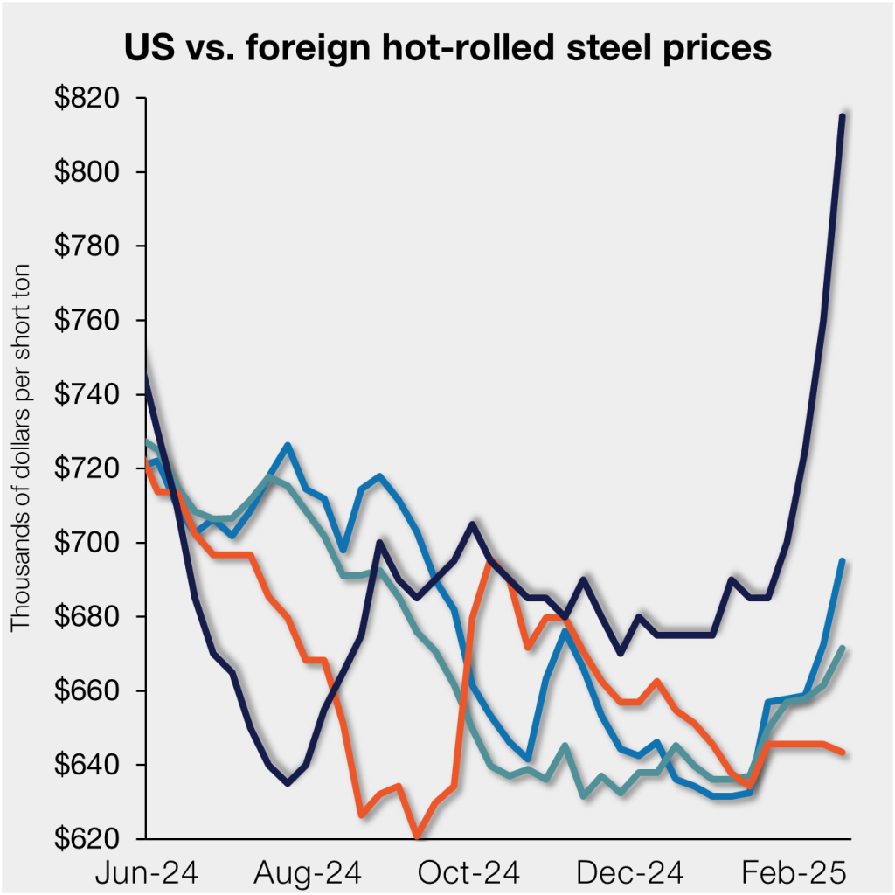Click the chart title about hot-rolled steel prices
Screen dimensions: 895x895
[x=447, y=48]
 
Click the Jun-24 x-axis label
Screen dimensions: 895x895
[x=148, y=872]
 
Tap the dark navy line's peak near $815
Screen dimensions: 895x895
[x=842, y=116]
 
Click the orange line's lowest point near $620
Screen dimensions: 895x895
[x=418, y=836]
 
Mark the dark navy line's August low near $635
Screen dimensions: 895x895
[x=287, y=783]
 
